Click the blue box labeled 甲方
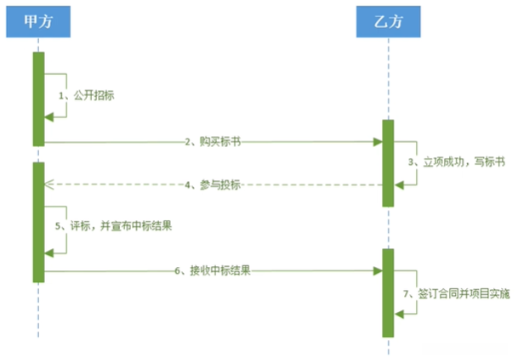(38, 23)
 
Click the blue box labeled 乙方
(388, 23)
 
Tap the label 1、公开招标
(86, 97)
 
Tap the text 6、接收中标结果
(213, 271)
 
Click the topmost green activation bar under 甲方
(38, 99)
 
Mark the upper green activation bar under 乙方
(388, 162)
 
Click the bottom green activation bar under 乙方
(388, 292)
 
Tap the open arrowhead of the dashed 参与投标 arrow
(49, 184)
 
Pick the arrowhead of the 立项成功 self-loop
(398, 184)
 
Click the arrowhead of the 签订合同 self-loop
(398, 315)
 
